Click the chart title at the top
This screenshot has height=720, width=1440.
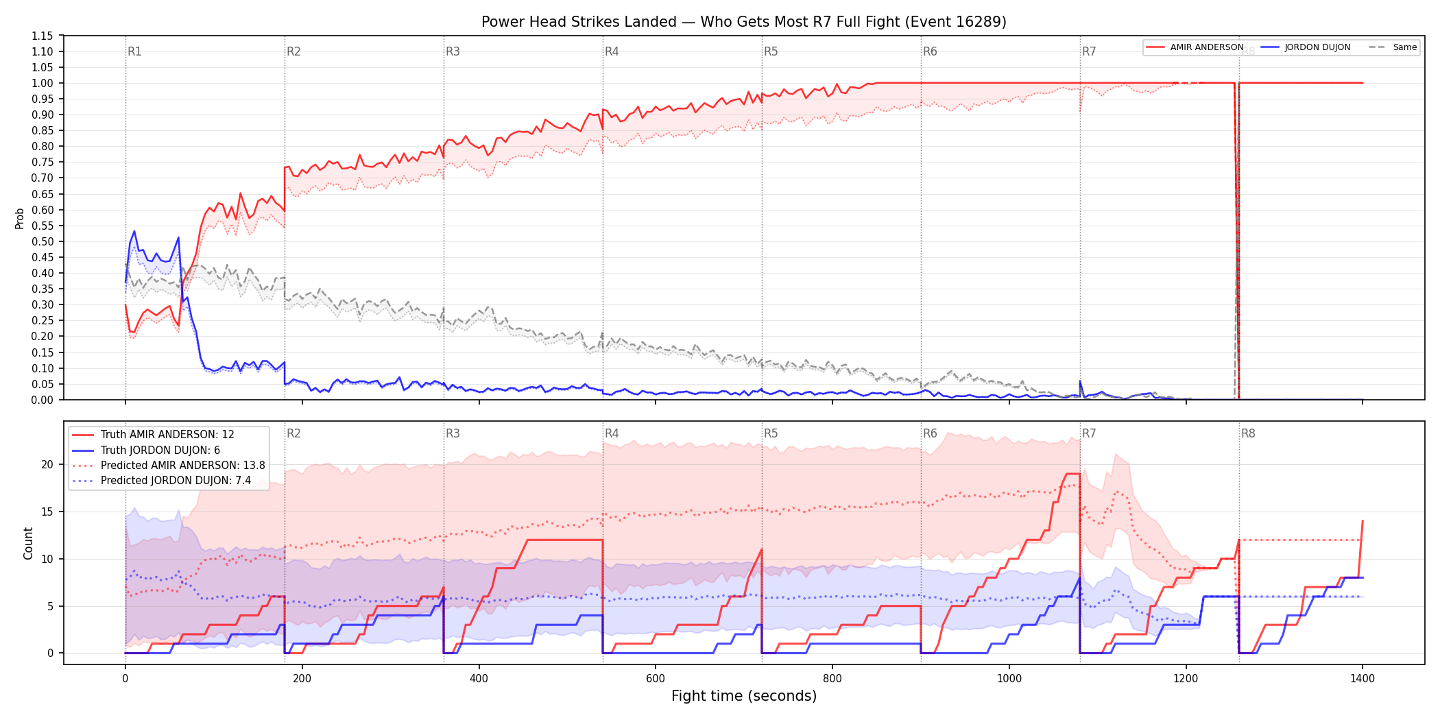click(x=744, y=22)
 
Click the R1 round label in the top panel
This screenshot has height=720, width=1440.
click(x=134, y=51)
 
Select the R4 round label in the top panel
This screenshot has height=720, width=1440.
click(x=612, y=51)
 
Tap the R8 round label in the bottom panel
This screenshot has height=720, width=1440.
click(x=1248, y=433)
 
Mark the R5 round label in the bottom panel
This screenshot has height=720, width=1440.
click(x=771, y=433)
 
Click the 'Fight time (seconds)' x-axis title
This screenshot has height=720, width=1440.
click(x=744, y=696)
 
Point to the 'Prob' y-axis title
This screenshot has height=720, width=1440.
click(x=20, y=218)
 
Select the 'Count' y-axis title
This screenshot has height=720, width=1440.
click(x=28, y=543)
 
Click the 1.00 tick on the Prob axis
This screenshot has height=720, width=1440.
click(x=43, y=83)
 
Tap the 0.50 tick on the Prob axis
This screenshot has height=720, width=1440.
click(x=43, y=241)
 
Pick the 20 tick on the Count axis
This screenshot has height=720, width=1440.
click(x=47, y=464)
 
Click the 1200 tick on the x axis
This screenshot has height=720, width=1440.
click(x=1186, y=679)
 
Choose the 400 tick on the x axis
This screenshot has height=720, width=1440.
click(x=479, y=679)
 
